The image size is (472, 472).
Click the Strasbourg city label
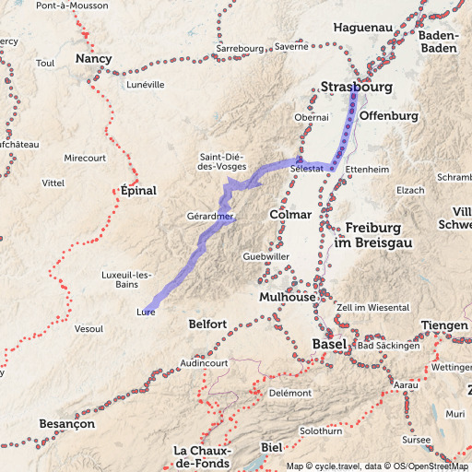[x=357, y=88]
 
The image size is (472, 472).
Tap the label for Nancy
[x=93, y=59]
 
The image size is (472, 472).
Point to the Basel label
[x=329, y=344]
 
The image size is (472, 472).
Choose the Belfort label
[x=206, y=324]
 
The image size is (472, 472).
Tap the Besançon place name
[x=68, y=424]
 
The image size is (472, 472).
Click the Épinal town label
[x=139, y=191]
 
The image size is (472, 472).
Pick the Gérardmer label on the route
[x=209, y=217]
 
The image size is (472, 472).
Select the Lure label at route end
[x=145, y=313]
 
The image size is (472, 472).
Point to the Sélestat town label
[x=305, y=170]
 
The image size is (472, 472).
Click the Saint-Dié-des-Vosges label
[x=221, y=161]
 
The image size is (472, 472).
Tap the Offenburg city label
[x=389, y=116]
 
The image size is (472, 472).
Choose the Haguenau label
[x=358, y=28]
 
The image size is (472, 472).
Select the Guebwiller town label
[x=266, y=255]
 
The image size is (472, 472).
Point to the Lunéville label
[x=145, y=84]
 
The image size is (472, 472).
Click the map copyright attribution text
[x=378, y=466]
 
